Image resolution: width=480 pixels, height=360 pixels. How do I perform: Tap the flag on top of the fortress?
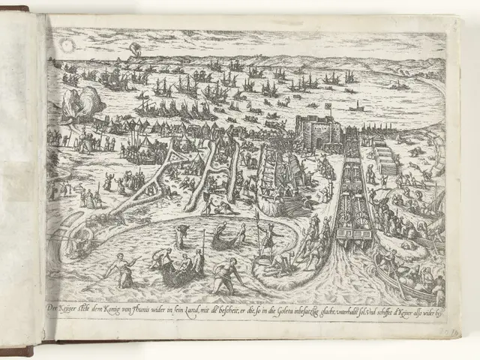[x=328, y=107]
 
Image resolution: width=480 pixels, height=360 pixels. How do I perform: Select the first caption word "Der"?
[x=53, y=308]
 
